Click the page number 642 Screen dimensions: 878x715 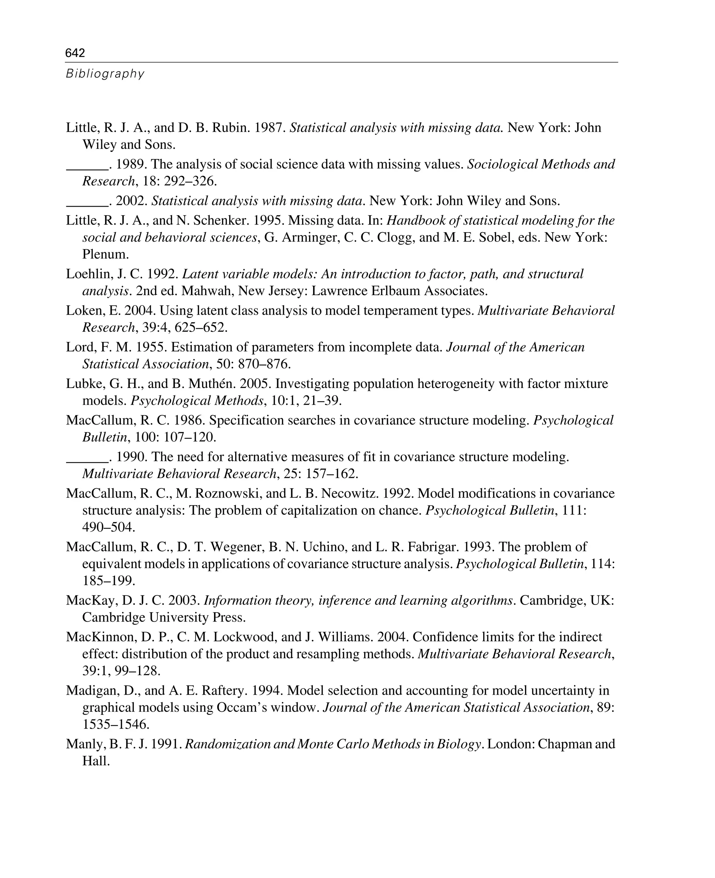[x=75, y=53]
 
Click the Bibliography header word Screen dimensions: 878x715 [x=105, y=74]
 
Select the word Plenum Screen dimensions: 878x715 [x=105, y=254]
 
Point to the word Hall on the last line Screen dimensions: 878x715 [x=96, y=761]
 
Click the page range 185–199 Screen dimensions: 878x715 [x=109, y=581]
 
